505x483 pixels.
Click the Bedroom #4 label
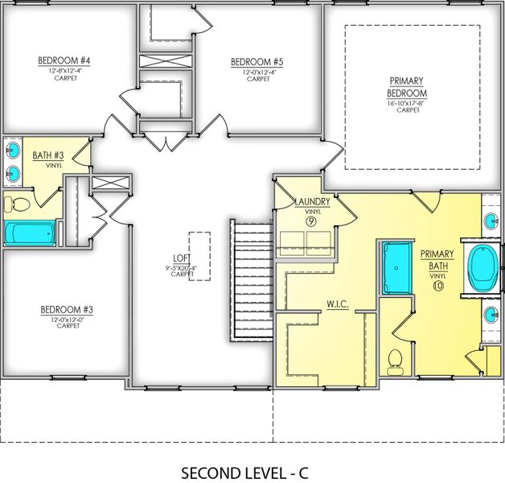[x=64, y=60]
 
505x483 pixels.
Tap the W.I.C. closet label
[x=336, y=306]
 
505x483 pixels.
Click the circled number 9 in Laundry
[x=312, y=220]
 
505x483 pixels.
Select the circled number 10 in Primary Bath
[x=437, y=284]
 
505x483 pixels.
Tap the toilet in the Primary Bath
[x=394, y=361]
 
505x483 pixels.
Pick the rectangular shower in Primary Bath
[x=395, y=268]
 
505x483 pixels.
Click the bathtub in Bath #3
[x=31, y=233]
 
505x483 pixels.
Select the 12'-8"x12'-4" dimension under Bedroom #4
[x=64, y=71]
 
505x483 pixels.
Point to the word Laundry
[x=312, y=201]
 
